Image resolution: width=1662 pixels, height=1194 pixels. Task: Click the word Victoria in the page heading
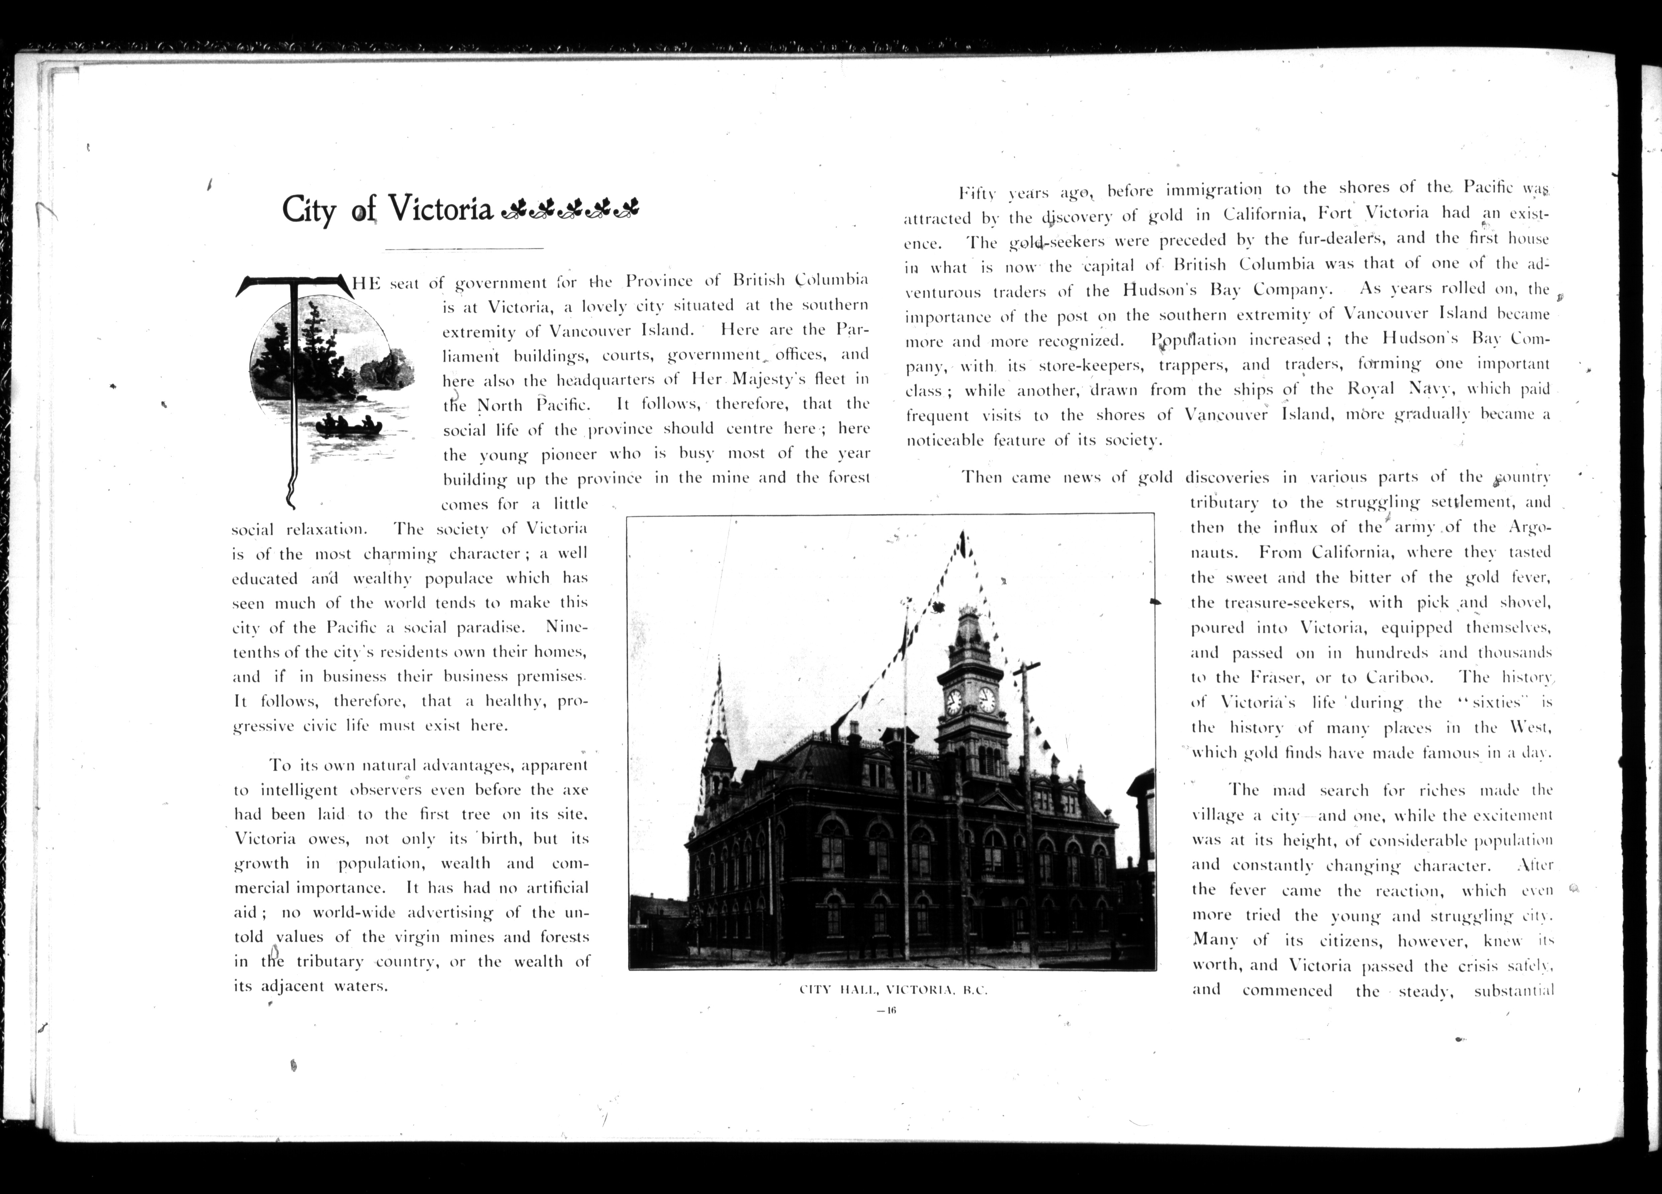click(440, 209)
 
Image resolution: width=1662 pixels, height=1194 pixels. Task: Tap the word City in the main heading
click(308, 210)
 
